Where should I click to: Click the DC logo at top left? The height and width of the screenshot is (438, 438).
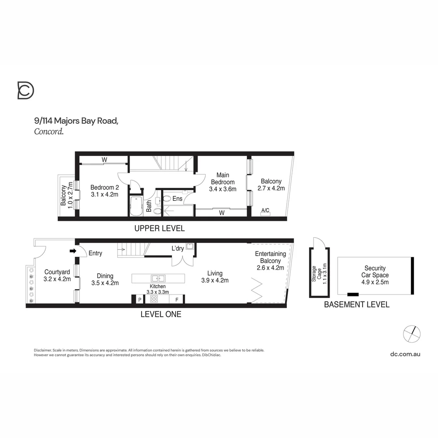tap(26, 90)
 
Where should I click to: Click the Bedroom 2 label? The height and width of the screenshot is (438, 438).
tap(104, 187)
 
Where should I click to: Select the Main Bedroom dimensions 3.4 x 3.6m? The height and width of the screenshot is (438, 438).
tap(223, 189)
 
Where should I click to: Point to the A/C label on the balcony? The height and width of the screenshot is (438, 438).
tap(266, 210)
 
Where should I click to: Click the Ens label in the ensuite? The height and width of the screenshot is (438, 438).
tap(177, 199)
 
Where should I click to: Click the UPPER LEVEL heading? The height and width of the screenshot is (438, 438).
tap(159, 229)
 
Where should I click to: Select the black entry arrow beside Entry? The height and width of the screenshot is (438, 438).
tap(73, 251)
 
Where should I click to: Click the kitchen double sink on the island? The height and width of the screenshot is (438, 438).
tap(158, 278)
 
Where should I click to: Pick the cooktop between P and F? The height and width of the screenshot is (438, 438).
tap(154, 299)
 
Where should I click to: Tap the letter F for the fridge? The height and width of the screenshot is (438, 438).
tap(176, 300)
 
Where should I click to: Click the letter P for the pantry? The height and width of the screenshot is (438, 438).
tap(140, 300)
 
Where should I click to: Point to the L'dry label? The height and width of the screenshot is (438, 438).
tap(178, 248)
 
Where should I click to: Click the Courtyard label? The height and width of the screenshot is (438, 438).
tap(57, 272)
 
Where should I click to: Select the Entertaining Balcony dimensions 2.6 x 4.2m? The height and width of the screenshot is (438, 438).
tap(271, 268)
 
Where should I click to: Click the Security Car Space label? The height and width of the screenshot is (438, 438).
tap(375, 272)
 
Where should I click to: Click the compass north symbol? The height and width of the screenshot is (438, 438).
tap(412, 334)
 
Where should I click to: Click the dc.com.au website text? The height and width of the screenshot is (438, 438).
tap(405, 354)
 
